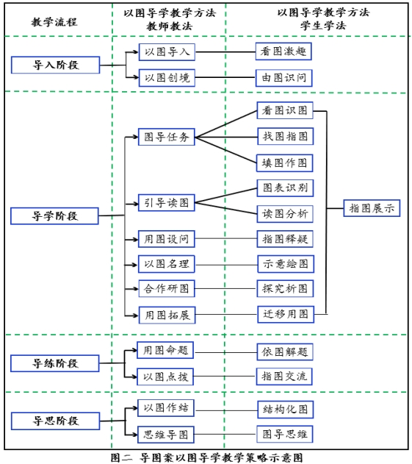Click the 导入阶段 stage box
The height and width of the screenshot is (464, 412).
[56, 65]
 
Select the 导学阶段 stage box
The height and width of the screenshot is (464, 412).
[54, 216]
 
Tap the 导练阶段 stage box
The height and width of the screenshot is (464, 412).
[55, 363]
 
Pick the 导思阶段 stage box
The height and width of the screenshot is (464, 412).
[56, 421]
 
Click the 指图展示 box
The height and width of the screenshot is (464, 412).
[372, 208]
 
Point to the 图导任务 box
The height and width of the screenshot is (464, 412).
[167, 137]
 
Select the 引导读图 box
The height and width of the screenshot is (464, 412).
[167, 203]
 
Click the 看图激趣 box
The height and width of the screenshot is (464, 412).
[283, 51]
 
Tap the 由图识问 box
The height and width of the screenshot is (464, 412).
[284, 78]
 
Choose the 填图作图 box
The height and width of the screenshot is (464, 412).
[285, 163]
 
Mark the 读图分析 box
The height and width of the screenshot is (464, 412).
[285, 214]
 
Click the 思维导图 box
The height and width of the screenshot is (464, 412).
[166, 435]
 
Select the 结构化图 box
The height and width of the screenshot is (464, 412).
[286, 410]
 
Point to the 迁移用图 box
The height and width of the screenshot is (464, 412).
[286, 314]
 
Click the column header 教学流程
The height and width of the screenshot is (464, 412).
[54, 22]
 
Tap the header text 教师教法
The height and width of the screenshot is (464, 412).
[170, 26]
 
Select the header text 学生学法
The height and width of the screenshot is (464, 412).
[323, 26]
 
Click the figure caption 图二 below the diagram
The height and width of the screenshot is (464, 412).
[121, 457]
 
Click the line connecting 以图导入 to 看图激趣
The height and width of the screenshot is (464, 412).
[225, 52]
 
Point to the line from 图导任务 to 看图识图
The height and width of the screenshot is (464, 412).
[226, 124]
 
